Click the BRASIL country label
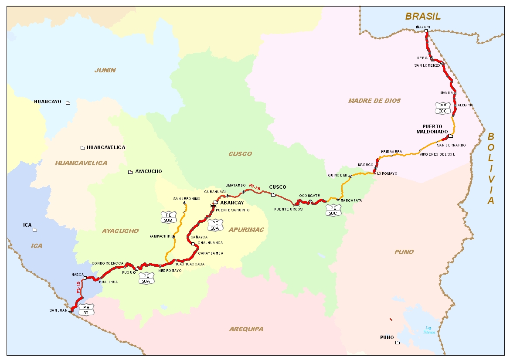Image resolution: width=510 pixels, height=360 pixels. tap(422, 17)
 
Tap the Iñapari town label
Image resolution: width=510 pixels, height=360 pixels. tap(423, 27)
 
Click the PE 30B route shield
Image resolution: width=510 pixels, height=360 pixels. tap(168, 217)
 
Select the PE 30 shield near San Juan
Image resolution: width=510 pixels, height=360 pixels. tap(86, 309)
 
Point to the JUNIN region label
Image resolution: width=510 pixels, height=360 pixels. tap(105, 70)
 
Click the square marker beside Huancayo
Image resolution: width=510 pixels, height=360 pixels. tap(68, 102)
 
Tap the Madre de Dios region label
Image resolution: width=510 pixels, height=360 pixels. tap(374, 101)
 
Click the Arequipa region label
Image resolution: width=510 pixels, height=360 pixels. tap(246, 329)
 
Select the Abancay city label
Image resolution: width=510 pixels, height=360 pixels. tap(232, 203)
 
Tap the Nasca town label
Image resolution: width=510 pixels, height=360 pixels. tap(77, 275)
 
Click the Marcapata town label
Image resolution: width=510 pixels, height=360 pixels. tap(351, 200)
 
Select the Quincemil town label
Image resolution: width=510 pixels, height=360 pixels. tap(338, 175)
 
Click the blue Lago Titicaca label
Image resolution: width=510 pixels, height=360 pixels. tap(428, 330)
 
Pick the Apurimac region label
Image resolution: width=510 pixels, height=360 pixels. tap(247, 230)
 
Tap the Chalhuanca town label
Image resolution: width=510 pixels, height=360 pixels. tap(210, 243)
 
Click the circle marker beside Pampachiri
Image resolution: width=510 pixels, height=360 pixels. tap(173, 237)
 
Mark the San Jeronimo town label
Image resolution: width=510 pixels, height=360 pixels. tap(186, 199)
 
